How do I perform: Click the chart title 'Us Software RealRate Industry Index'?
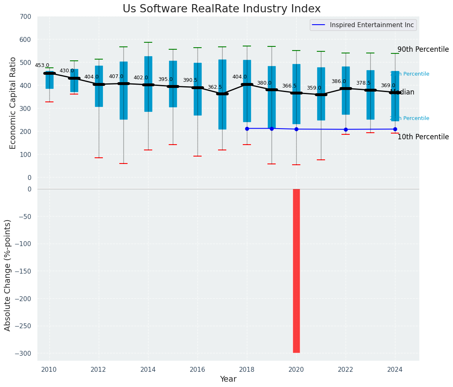pyautogui.click(x=221, y=9)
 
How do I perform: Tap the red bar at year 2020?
pyautogui.click(x=296, y=271)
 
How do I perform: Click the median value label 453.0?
pyautogui.click(x=42, y=65)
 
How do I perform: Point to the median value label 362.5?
pyautogui.click(x=215, y=87)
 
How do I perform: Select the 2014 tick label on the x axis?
pyautogui.click(x=148, y=369)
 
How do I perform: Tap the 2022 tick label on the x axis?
pyautogui.click(x=346, y=369)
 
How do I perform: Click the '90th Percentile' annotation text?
pyautogui.click(x=423, y=49)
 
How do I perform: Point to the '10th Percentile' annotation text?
pyautogui.click(x=423, y=137)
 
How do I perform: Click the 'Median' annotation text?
pyautogui.click(x=402, y=92)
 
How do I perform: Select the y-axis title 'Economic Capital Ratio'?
pyautogui.click(x=13, y=103)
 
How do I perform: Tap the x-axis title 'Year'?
pyautogui.click(x=228, y=379)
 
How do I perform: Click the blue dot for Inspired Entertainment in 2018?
pyautogui.click(x=247, y=129)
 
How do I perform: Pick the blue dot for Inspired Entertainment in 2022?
pyautogui.click(x=346, y=129)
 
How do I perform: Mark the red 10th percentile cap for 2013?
pyautogui.click(x=123, y=164)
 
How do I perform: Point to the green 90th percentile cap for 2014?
pyautogui.click(x=148, y=42)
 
